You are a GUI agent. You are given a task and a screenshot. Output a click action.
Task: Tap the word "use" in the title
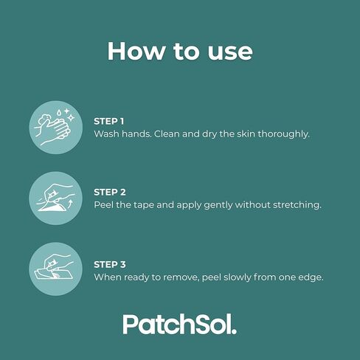230,53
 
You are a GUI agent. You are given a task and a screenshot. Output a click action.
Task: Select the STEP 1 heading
109,121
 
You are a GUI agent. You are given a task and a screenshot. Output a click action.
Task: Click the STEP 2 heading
110,192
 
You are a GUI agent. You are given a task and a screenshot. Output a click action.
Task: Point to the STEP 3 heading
110,265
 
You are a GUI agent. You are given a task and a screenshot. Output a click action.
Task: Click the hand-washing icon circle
56,128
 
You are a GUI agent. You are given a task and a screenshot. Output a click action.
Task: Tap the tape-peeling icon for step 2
56,198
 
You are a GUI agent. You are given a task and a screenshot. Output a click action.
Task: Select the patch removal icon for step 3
56,269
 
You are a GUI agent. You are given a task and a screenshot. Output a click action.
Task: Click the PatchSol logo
180,324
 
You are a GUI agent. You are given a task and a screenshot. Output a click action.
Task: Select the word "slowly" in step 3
235,277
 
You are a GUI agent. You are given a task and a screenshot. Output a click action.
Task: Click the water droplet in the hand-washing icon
59,113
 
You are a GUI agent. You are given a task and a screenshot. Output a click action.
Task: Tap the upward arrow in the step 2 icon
71,204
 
